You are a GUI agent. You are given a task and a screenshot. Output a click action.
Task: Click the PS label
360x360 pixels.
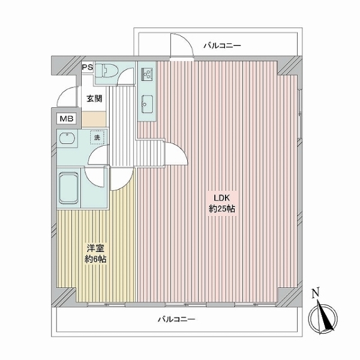pos(87,67)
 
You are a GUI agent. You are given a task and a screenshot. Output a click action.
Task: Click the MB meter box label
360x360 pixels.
pos(66,119)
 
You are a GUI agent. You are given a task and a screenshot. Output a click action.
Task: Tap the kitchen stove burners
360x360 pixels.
pos(146,74)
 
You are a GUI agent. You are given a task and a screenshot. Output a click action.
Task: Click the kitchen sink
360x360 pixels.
pos(146,106)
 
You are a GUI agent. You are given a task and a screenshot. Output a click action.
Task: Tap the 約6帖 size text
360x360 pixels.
pos(95,260)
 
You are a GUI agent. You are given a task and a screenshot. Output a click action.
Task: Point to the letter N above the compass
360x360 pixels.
pos(316,293)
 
